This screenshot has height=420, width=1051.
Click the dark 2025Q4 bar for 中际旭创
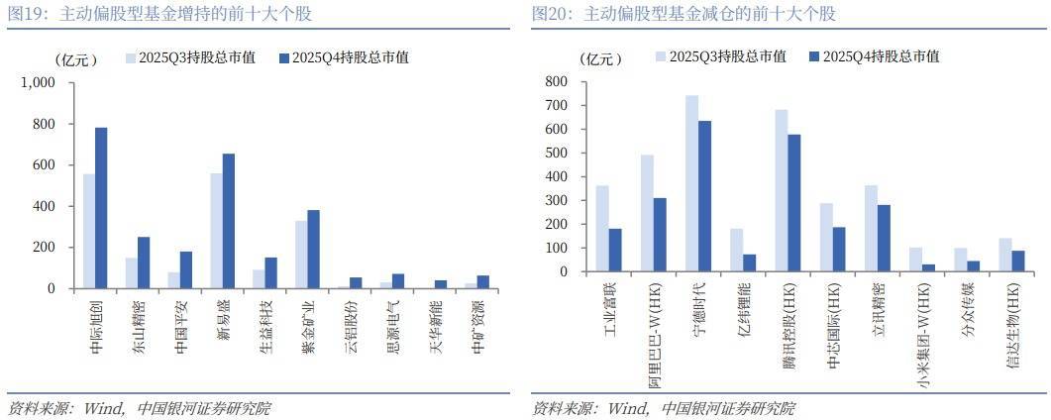[x=101, y=208]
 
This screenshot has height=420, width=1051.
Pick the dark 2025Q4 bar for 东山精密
[x=144, y=262]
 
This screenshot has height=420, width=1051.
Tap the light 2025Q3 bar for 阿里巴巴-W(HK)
[x=647, y=213]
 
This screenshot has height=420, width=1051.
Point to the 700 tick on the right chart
[x=557, y=105]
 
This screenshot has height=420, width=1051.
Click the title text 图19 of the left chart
[x=26, y=14]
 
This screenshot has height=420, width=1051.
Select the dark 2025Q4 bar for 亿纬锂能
[x=749, y=262]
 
